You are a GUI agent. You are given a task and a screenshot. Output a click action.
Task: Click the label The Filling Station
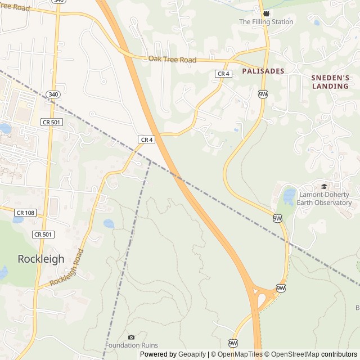click(x=266, y=22)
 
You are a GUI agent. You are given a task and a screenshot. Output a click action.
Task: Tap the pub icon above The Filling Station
click(x=266, y=13)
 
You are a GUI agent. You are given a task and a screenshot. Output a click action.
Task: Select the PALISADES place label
click(x=263, y=71)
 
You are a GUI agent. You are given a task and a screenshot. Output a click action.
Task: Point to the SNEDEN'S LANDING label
click(x=330, y=82)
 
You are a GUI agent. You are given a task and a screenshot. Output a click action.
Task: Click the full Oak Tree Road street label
click(x=172, y=59)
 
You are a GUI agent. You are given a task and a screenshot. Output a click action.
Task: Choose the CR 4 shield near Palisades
click(x=223, y=74)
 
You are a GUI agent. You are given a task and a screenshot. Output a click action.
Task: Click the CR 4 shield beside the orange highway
click(x=146, y=139)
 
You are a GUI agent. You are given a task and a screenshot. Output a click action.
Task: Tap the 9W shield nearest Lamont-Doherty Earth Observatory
click(x=277, y=218)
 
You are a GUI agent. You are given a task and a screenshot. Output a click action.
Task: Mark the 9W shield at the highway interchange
click(x=281, y=288)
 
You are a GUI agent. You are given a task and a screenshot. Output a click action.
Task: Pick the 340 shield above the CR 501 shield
click(x=52, y=94)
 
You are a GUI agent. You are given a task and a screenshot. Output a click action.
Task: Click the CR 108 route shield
click(x=25, y=213)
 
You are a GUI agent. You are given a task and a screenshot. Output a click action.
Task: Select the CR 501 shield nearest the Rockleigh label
click(x=43, y=234)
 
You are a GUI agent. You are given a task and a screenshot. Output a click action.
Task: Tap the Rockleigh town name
click(x=41, y=259)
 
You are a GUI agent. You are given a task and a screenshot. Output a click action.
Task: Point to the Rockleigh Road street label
click(x=70, y=269)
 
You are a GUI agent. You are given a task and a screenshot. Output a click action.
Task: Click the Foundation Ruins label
click(x=131, y=345)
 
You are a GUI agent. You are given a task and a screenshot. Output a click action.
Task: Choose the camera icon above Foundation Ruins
click(x=131, y=336)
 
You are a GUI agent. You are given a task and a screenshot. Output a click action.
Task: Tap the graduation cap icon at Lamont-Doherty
click(x=323, y=187)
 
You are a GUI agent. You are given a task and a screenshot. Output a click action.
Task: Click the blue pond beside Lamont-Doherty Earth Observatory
click(x=289, y=196)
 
